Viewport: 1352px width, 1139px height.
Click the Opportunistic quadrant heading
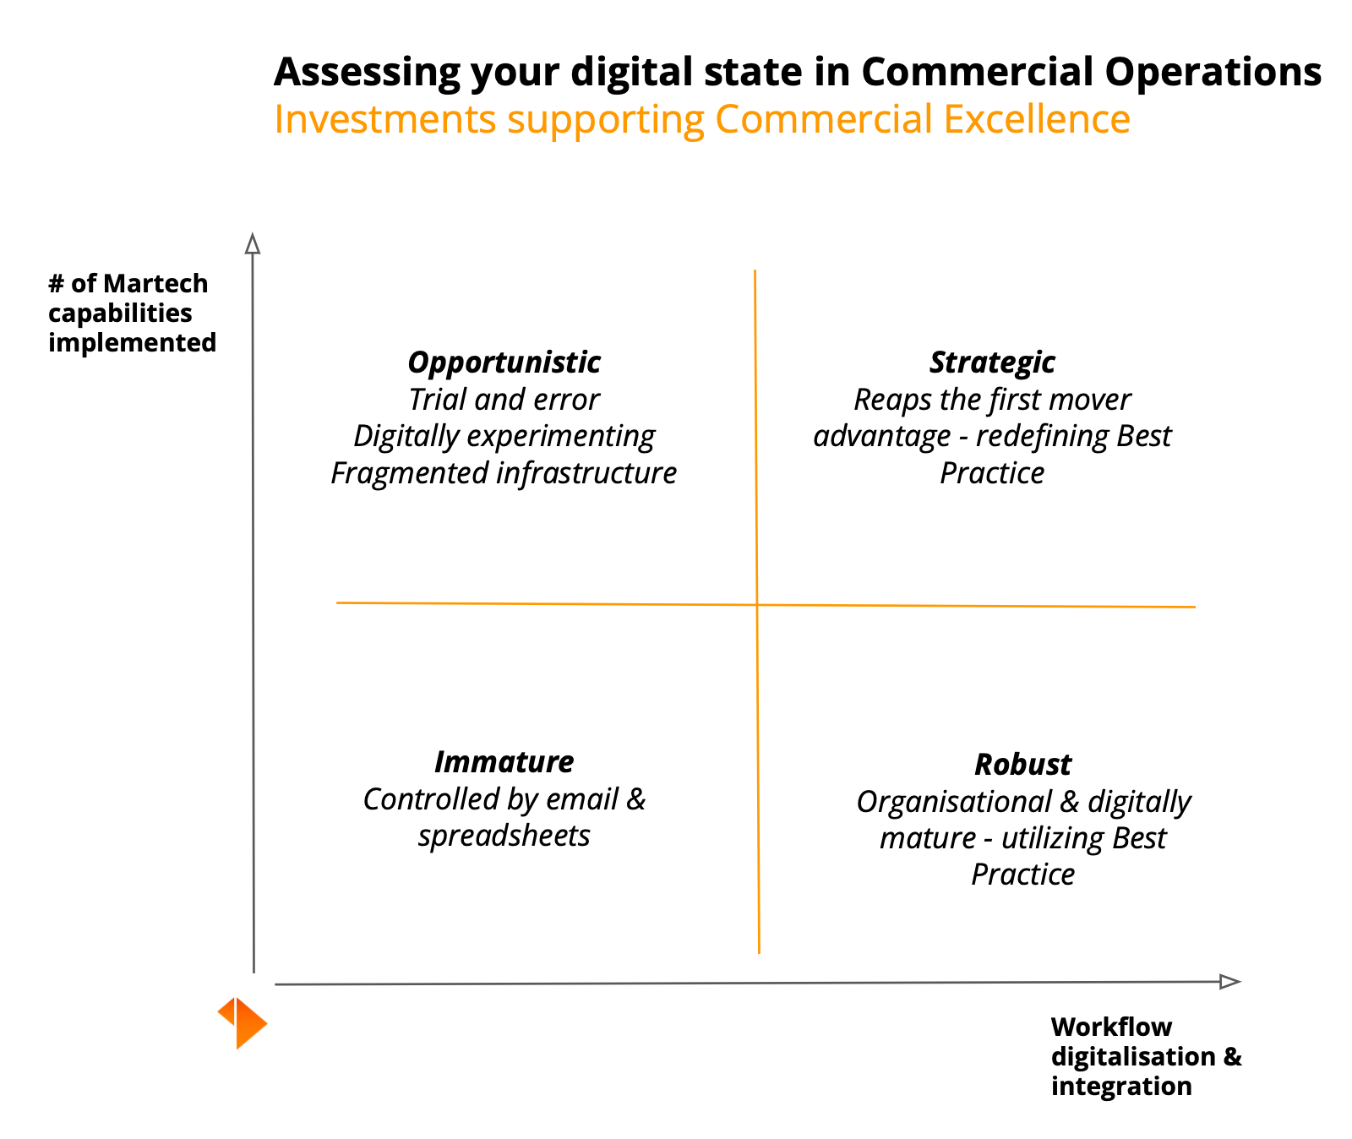pos(504,362)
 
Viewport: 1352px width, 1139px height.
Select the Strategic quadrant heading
pos(992,362)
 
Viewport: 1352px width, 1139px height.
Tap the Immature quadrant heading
pos(504,762)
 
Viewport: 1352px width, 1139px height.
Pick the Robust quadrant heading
pos(1022,765)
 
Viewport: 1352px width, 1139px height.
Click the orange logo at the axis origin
pos(243,1022)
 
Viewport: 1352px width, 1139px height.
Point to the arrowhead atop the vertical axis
pos(252,243)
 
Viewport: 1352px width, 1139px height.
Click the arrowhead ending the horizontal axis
pos(1229,981)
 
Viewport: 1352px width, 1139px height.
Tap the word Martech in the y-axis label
pos(155,283)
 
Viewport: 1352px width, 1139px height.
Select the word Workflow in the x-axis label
pos(1111,1027)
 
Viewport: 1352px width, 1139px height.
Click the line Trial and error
pos(504,400)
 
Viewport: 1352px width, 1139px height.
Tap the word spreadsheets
pos(504,837)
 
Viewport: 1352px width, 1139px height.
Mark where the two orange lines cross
pos(756,605)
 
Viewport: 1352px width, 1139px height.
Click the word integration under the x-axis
pos(1121,1086)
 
